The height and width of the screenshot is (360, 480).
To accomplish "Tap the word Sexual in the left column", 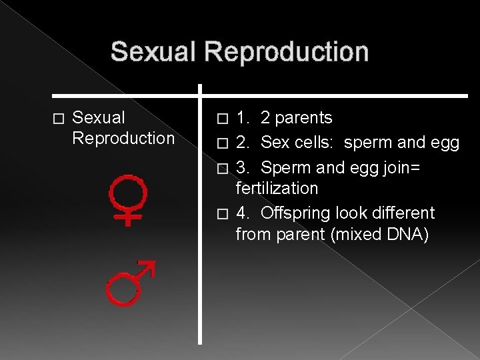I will click(x=98, y=118).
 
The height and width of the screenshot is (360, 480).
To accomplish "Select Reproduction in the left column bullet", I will click(x=123, y=138).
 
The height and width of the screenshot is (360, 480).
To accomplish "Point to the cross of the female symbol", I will click(x=129, y=217).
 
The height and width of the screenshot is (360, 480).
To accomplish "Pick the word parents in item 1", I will click(x=305, y=118).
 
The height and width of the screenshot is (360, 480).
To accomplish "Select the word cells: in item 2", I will click(x=314, y=143).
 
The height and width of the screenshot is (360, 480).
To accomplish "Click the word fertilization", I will click(x=277, y=188).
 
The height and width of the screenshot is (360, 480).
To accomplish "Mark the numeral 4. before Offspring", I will click(x=243, y=213).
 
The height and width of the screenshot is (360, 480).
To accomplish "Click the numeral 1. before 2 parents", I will click(x=242, y=118).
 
